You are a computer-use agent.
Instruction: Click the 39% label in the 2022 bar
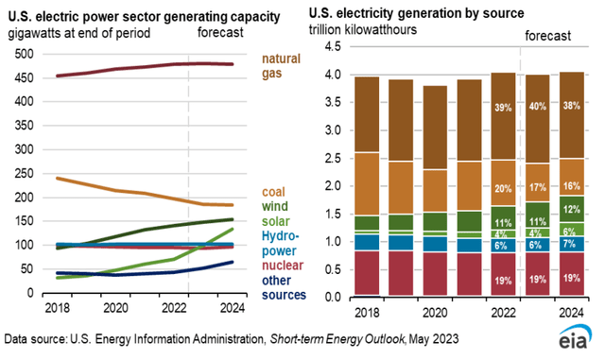503,107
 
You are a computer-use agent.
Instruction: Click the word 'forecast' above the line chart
219,34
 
